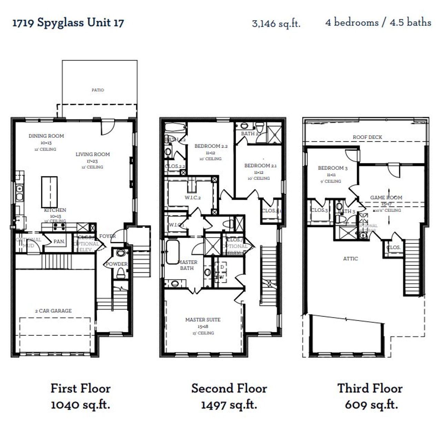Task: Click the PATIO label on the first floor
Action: click(x=98, y=90)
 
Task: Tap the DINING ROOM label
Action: click(x=46, y=136)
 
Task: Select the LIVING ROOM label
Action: click(x=93, y=154)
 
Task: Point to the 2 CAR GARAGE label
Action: click(x=53, y=311)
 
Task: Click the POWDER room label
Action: click(x=116, y=264)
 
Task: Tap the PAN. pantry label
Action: click(x=59, y=242)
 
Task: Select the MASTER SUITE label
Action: click(x=203, y=320)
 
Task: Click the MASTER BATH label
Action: click(x=188, y=265)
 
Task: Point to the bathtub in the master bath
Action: click(x=172, y=252)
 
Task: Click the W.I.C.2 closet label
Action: click(x=193, y=197)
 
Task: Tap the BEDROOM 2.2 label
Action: click(x=211, y=146)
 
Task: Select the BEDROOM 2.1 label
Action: click(x=260, y=165)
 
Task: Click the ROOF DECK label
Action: click(x=367, y=137)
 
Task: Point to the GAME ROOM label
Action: click(x=386, y=197)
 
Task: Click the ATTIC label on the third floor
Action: click(x=350, y=258)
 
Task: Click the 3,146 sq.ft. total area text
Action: click(x=276, y=23)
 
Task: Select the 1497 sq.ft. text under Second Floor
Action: click(x=229, y=405)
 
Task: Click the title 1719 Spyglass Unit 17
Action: click(x=68, y=23)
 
